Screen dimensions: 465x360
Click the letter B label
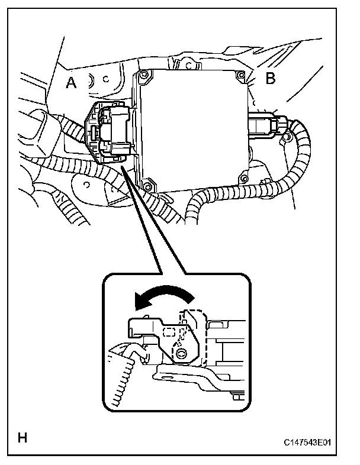coord(271,79)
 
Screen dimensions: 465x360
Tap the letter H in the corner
coord(22,438)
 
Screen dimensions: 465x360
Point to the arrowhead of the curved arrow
coord(140,303)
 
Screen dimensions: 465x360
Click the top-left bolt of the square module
coord(143,75)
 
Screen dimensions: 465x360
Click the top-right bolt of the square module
coord(240,76)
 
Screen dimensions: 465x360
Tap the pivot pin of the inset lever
coord(181,353)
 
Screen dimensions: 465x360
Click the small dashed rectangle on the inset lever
coord(169,332)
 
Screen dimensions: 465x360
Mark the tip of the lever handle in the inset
coord(132,323)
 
